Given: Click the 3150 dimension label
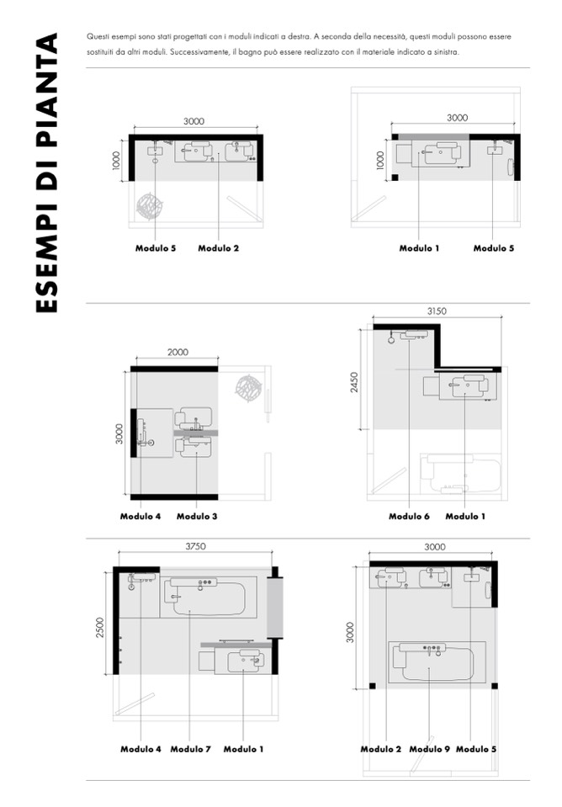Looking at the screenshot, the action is click(x=437, y=311).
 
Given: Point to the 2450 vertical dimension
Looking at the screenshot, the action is click(x=354, y=382).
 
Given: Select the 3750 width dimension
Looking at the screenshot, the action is click(x=195, y=546).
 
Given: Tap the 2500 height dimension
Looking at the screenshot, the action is click(x=100, y=628).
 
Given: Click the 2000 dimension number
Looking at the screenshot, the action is click(x=178, y=352).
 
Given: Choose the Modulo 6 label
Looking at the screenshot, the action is click(x=409, y=516).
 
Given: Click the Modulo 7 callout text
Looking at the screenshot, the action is click(x=190, y=749).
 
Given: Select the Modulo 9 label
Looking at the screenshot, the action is click(x=429, y=749).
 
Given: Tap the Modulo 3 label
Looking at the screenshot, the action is click(x=197, y=516).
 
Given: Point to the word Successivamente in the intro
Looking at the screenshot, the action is click(x=200, y=52).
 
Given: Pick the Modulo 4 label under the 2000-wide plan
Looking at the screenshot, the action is click(x=140, y=516).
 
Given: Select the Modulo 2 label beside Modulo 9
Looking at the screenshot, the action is click(x=381, y=749).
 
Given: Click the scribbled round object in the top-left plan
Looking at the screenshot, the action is click(x=149, y=206).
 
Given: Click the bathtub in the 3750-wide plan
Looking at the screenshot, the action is click(x=209, y=597).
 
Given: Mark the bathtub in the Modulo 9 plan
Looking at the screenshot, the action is click(x=437, y=662).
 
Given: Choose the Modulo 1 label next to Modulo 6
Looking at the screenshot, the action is click(x=465, y=516).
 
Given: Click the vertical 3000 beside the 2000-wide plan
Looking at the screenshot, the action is click(x=119, y=433).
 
